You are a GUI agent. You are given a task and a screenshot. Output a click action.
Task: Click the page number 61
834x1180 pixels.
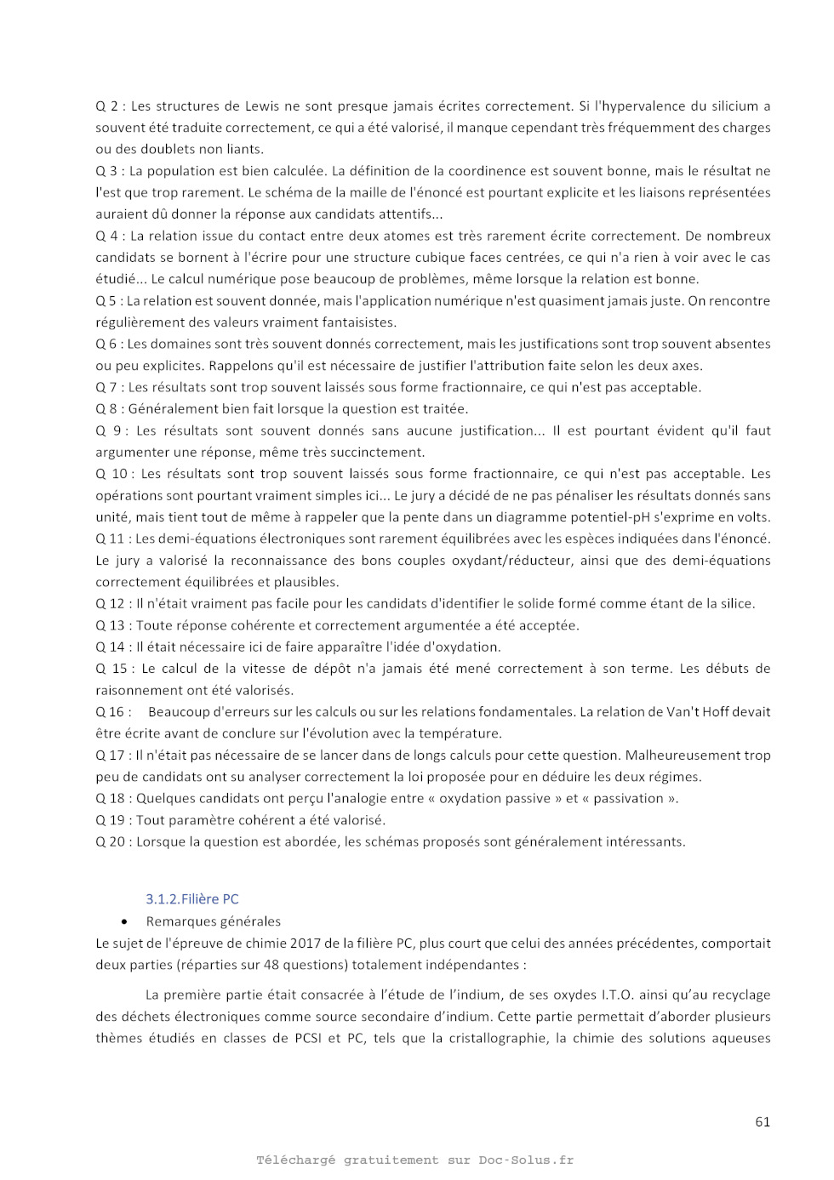click(x=762, y=1121)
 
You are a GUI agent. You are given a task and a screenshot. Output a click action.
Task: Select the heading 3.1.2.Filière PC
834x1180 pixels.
click(x=191, y=898)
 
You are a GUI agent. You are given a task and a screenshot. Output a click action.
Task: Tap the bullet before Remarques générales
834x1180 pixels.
click(x=126, y=921)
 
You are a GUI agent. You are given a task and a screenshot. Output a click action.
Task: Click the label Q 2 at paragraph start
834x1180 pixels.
click(x=106, y=106)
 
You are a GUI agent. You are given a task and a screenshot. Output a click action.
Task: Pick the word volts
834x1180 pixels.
click(x=751, y=517)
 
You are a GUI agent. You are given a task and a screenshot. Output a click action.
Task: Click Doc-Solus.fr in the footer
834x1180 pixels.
click(x=525, y=1160)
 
